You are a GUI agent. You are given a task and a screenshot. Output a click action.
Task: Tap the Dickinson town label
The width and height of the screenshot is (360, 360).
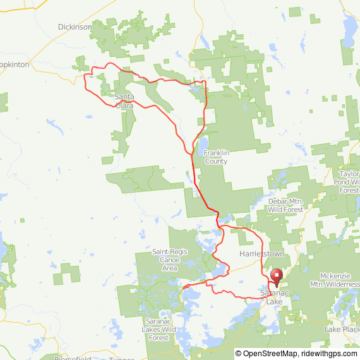75,27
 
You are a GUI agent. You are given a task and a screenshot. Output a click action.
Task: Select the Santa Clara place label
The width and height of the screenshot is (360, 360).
124,101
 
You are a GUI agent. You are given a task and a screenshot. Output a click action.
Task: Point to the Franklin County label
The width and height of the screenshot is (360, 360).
215,157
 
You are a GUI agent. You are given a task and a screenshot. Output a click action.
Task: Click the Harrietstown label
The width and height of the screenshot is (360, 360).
263,253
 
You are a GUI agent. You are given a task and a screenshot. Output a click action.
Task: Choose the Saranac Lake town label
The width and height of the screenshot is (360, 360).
274,297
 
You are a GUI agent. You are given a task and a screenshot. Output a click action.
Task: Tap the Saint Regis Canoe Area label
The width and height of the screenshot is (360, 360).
169,260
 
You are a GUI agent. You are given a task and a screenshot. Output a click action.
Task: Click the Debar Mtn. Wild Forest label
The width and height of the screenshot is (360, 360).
285,205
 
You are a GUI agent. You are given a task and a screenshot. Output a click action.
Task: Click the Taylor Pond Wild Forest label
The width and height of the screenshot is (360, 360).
349,181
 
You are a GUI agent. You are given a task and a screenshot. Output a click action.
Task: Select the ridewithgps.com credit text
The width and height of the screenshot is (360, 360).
329,354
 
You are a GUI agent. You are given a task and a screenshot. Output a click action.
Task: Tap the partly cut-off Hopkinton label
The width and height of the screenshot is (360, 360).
14,65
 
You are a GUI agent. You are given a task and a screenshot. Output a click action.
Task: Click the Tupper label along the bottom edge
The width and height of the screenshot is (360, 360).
122,357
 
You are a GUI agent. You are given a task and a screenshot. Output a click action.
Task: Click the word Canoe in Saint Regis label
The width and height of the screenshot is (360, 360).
169,260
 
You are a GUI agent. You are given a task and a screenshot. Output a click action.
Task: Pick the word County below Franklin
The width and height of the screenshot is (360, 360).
215,161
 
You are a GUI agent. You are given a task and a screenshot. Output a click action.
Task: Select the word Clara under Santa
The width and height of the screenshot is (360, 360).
124,105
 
